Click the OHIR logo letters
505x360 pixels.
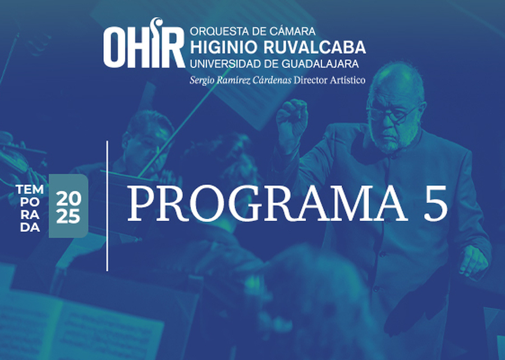click(x=144, y=43)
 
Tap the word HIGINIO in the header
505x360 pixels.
click(x=224, y=47)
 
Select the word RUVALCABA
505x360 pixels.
click(x=315, y=47)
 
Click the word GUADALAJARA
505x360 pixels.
click(x=320, y=64)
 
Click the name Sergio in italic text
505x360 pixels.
click(x=202, y=80)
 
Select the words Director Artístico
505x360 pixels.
click(x=330, y=80)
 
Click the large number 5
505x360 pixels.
click(x=435, y=203)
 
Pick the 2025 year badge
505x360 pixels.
click(x=68, y=206)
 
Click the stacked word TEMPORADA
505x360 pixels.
click(x=30, y=208)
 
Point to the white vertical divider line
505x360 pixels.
click(x=107, y=206)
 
